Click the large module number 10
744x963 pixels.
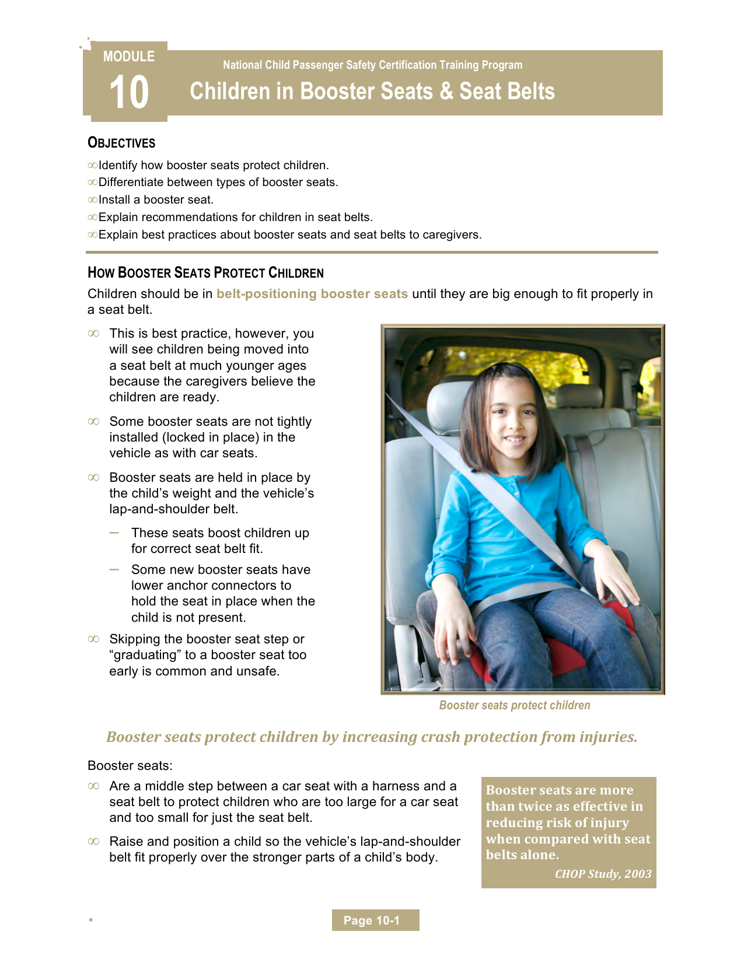tap(129, 92)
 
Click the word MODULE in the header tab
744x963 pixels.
tap(129, 57)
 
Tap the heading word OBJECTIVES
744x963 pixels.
tap(121, 143)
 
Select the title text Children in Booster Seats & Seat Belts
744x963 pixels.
tap(372, 91)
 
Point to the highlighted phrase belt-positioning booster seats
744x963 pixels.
tap(312, 294)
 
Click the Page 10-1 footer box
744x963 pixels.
tap(375, 920)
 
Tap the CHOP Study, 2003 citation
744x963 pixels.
tap(603, 874)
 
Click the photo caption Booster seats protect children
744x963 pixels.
tap(514, 705)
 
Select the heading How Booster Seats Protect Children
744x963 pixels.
tap(205, 273)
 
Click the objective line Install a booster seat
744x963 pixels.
tap(156, 199)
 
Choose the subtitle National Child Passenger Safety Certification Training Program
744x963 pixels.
tap(372, 65)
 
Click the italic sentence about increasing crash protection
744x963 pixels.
tap(372, 737)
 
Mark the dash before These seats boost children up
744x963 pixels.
tap(114, 533)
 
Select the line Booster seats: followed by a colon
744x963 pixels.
tap(130, 765)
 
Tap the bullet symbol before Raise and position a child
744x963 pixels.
tap(93, 842)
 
